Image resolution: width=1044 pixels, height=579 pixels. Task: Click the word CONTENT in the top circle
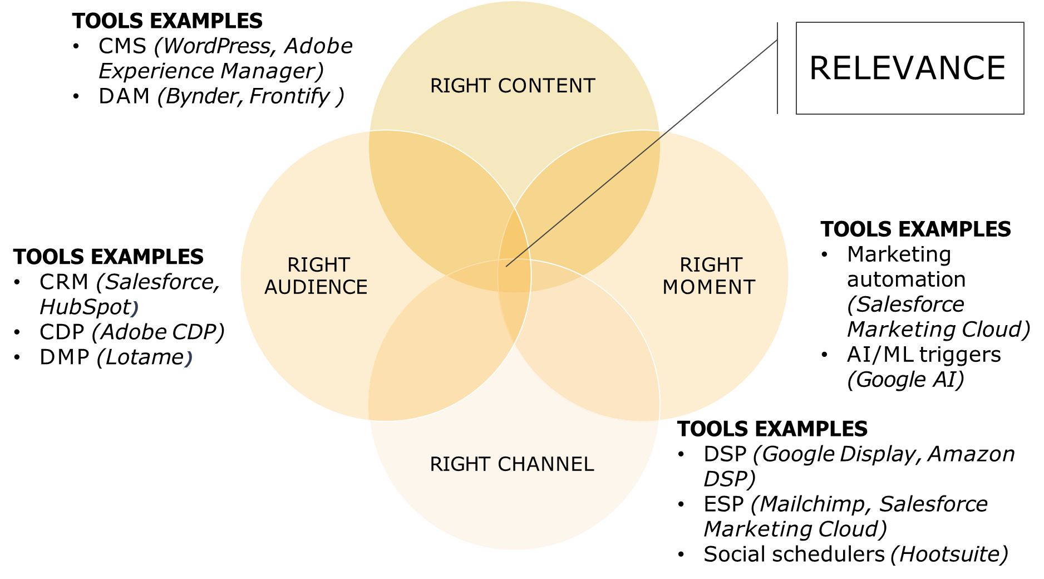coord(546,86)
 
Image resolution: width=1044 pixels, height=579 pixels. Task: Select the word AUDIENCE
coord(316,287)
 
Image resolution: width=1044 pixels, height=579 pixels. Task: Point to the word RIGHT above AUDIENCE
coord(318,264)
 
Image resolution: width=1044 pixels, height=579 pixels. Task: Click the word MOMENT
coord(709,287)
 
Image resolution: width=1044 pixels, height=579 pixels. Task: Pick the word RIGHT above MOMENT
coord(711,264)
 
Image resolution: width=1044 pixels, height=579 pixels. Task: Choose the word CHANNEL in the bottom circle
coord(545,464)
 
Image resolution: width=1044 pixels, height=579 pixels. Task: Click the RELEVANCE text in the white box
coord(907,68)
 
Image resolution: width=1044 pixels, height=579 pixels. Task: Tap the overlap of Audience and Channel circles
coord(440,356)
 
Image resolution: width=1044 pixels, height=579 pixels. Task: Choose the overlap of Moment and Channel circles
coord(590,356)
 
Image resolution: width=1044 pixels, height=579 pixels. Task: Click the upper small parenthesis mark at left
coord(134,308)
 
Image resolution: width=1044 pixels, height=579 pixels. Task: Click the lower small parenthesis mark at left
coord(188,359)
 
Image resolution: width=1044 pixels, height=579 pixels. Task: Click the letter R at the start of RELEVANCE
coord(820,68)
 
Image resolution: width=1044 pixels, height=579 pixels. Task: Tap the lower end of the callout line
coord(506,266)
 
